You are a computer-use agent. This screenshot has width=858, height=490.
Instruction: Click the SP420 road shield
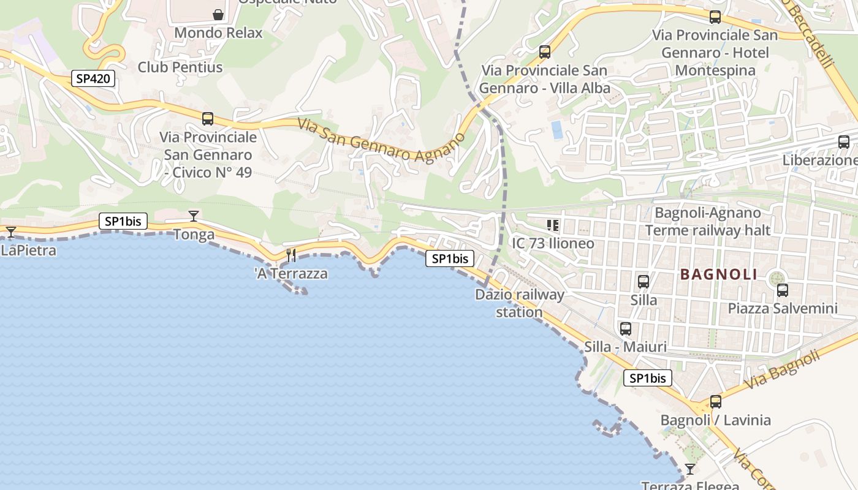tap(93, 78)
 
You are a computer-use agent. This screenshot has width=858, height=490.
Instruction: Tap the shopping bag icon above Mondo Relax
tap(218, 14)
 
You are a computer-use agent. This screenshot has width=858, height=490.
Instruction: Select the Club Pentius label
tap(180, 67)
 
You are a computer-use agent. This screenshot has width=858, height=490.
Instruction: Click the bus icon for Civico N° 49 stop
tap(208, 118)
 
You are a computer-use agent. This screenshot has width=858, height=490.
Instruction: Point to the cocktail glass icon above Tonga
tap(194, 216)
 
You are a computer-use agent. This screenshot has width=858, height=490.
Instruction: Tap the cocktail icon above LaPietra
tap(10, 232)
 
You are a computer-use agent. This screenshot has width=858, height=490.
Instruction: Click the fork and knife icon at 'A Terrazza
tap(291, 255)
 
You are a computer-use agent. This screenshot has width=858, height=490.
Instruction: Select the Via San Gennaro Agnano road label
tap(381, 140)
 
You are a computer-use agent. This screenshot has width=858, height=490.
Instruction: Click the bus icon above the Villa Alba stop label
tap(544, 52)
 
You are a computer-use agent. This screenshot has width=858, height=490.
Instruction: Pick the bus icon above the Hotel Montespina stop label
tap(715, 17)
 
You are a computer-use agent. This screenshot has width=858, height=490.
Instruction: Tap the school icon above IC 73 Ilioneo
tap(553, 225)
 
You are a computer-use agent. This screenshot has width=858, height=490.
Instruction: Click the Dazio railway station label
tap(520, 303)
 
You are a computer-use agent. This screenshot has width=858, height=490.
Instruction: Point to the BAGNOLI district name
tap(719, 274)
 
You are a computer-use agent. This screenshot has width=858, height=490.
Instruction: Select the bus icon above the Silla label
tap(643, 282)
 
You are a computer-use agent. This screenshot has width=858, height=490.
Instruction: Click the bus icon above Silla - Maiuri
tap(625, 329)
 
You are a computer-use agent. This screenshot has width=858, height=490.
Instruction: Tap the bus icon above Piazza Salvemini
tap(782, 290)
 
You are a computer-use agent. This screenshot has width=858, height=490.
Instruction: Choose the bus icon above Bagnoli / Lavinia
tap(715, 402)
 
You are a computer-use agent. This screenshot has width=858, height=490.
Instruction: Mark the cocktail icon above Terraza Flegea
tap(690, 469)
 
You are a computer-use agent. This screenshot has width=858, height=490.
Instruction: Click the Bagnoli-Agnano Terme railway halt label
tap(708, 222)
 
